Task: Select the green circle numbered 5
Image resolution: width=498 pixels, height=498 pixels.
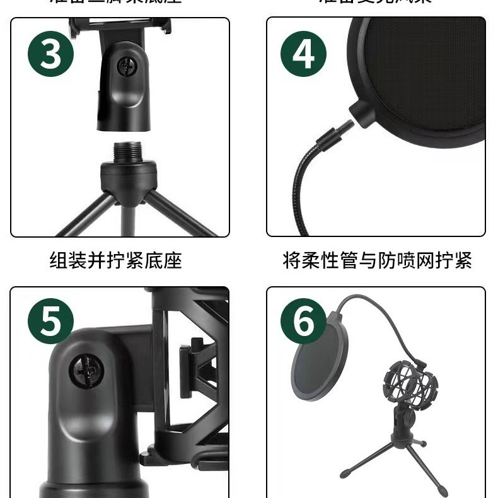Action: (50, 322)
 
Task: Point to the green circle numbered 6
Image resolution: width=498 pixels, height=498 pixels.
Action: (303, 322)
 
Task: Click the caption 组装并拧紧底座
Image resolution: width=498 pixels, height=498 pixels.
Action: (115, 260)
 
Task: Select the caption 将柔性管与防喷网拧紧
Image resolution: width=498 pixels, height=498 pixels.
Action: (377, 260)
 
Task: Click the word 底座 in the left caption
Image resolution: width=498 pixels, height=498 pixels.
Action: (168, 260)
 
